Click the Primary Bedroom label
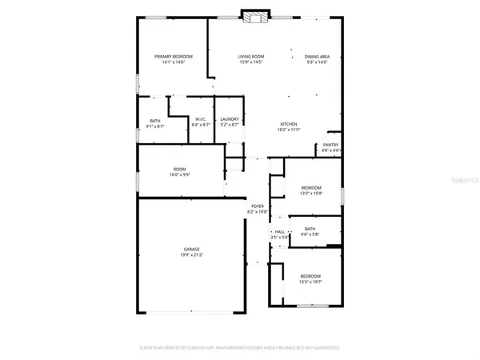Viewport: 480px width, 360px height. pyautogui.click(x=173, y=56)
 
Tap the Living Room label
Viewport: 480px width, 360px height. pyautogui.click(x=250, y=56)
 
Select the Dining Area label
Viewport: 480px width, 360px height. pyautogui.click(x=318, y=56)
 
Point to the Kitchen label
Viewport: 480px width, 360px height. pyautogui.click(x=289, y=124)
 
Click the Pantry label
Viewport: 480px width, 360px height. pyautogui.click(x=331, y=145)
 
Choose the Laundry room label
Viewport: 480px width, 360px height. pyautogui.click(x=230, y=119)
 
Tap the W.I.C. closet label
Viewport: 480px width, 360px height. pyautogui.click(x=201, y=119)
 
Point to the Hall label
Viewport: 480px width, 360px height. pyautogui.click(x=279, y=232)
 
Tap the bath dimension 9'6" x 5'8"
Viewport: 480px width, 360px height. pyautogui.click(x=310, y=234)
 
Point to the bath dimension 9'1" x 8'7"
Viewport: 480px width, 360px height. pyautogui.click(x=154, y=126)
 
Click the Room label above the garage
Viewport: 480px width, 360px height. pyautogui.click(x=181, y=168)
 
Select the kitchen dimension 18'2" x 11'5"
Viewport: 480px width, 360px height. pyautogui.click(x=289, y=130)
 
